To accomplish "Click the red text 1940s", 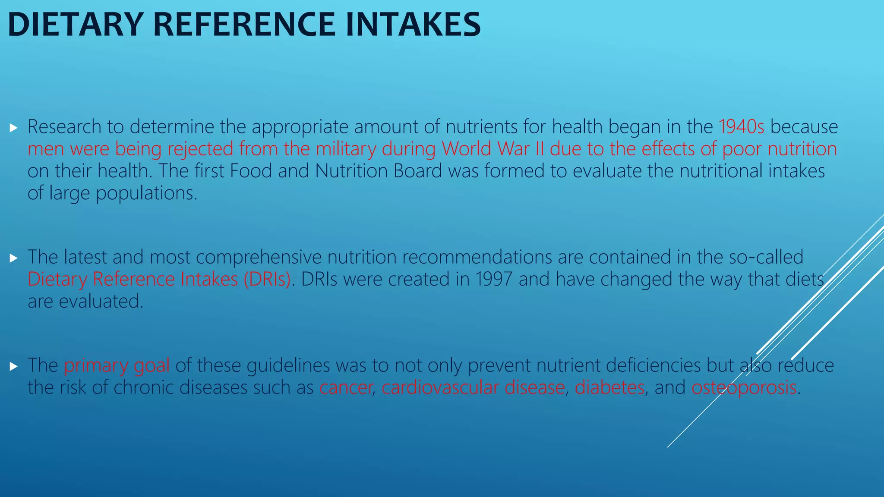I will point(741,127).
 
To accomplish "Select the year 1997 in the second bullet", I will point(493,279).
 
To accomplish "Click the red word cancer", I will point(345,387).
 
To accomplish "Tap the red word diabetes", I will point(609,387).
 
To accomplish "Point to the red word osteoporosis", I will point(744,387).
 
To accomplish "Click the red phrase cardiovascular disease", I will point(473,387).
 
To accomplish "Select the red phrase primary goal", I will point(117,365).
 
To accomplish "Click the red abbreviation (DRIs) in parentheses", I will point(267,279).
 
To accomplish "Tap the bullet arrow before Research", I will point(13,128).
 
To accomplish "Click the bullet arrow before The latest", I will point(13,258).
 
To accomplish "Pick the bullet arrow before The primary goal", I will point(13,366).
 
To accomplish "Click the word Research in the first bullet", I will point(64,127).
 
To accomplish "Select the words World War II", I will point(493,149).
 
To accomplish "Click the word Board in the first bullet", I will point(417,171).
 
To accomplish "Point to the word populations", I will point(146,193).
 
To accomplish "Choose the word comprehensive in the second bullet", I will point(259,257).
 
